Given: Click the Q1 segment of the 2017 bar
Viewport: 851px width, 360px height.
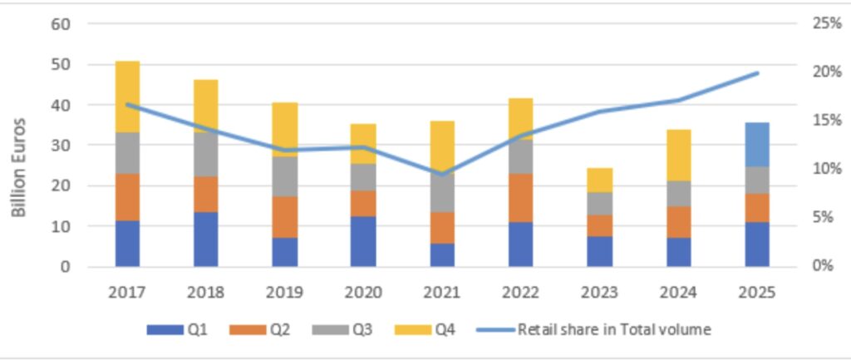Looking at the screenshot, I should pyautogui.click(x=127, y=243).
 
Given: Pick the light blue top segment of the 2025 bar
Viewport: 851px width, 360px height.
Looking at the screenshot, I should pyautogui.click(x=756, y=144).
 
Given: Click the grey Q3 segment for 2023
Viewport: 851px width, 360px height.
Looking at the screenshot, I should pyautogui.click(x=598, y=204).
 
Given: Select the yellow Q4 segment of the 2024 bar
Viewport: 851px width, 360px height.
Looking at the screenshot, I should pyautogui.click(x=678, y=155).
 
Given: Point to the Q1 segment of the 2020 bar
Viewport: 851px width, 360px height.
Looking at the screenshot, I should pyautogui.click(x=363, y=241).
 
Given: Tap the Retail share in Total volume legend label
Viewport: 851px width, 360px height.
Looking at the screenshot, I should pyautogui.click(x=613, y=329).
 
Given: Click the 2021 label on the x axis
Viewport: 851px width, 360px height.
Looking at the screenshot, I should pyautogui.click(x=442, y=293).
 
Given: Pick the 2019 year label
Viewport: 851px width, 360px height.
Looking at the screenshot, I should pyautogui.click(x=284, y=293).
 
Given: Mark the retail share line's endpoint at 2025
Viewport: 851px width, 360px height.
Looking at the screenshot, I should pyautogui.click(x=757, y=73).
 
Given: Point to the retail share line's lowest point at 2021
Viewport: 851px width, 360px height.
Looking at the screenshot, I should pyautogui.click(x=442, y=174).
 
